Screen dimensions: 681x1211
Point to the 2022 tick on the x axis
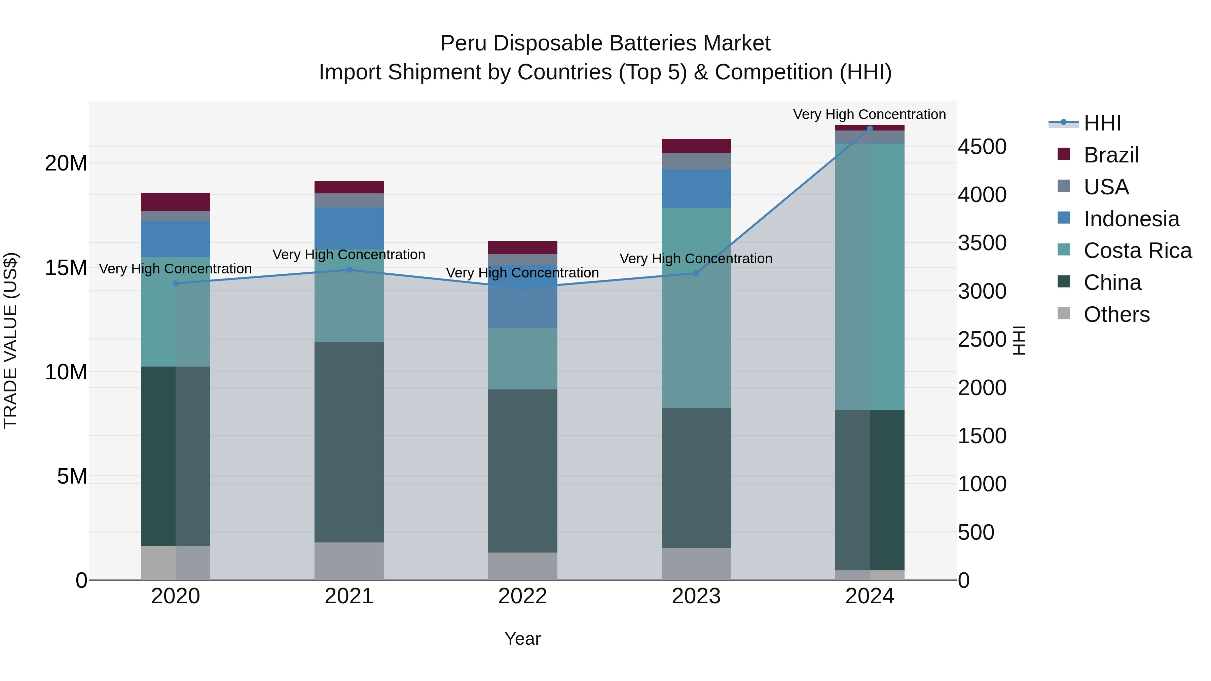tap(522, 596)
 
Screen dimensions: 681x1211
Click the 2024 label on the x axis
tap(869, 596)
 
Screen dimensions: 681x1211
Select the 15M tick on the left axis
tap(66, 268)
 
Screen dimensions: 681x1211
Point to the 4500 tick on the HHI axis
tap(982, 147)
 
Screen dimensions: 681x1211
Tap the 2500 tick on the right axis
tap(982, 339)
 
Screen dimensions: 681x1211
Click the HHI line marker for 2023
tap(696, 273)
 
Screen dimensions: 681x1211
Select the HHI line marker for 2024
tap(870, 128)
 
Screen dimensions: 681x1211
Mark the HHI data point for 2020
tap(175, 283)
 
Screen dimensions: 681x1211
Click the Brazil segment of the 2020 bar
tap(175, 202)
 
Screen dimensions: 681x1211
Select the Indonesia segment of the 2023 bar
tap(696, 188)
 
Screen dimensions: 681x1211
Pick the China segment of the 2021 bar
tap(349, 442)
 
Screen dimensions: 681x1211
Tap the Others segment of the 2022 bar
tap(522, 566)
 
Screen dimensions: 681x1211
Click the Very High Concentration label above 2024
tap(869, 114)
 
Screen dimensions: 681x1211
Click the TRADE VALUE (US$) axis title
tap(10, 340)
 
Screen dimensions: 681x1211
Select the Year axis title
tap(522, 639)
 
